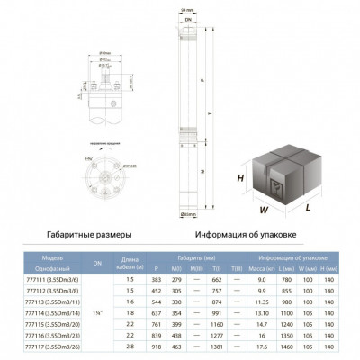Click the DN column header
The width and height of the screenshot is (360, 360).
point(97,261)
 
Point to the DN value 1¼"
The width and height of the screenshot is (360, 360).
point(97,313)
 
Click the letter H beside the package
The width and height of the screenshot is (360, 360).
point(240,179)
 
